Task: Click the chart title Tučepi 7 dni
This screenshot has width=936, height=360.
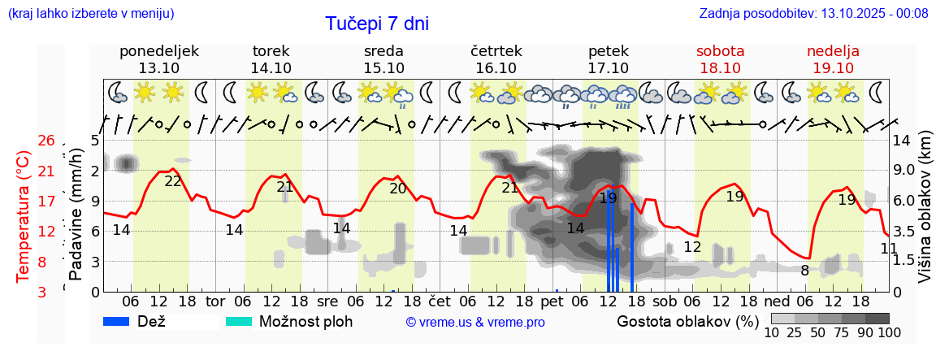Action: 377,24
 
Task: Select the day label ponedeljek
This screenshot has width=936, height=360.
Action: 158,51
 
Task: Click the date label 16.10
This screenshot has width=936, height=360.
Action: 496,68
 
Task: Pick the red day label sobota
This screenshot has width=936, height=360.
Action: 720,51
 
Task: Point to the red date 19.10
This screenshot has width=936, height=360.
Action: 833,68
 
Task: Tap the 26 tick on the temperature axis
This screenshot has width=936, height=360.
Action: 46,141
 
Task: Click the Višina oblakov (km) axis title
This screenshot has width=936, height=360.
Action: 924,216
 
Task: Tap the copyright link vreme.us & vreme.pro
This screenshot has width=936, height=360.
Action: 475,323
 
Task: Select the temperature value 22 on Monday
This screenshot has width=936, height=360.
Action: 173,181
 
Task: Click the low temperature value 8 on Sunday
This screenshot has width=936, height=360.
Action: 804,271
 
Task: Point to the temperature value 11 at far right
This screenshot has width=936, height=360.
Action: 889,248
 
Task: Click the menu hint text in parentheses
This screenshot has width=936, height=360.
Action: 90,14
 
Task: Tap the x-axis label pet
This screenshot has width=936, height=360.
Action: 552,301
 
